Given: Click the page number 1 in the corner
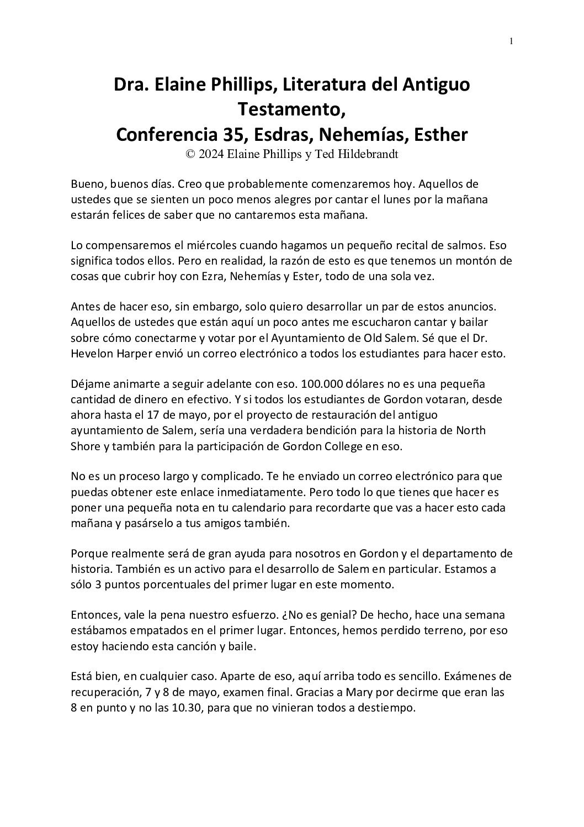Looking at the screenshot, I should click(x=512, y=40).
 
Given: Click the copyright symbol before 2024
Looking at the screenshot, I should click(x=190, y=155).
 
